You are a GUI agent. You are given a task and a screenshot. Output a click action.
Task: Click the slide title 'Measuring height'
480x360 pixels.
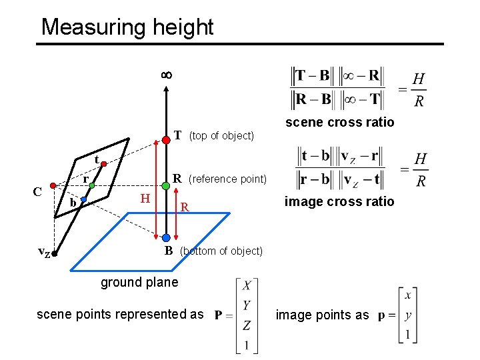[127, 27]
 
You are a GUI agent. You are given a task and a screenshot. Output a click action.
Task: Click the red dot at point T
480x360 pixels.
[165, 140]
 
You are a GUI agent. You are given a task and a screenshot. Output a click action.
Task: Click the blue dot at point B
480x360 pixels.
[165, 237]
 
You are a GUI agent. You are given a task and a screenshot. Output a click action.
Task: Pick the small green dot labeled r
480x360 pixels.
[93, 186]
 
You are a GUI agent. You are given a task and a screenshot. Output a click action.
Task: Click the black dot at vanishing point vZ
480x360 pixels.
[56, 254]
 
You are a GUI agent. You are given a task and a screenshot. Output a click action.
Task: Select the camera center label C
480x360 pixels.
[39, 191]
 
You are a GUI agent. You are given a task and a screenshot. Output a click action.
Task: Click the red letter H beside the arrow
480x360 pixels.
[144, 198]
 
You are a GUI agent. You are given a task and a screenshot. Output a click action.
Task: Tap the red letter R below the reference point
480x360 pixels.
[185, 208]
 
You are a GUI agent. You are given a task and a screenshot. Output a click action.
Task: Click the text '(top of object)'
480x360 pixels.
[221, 136]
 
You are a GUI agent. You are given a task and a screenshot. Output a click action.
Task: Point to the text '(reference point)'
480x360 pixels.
[227, 179]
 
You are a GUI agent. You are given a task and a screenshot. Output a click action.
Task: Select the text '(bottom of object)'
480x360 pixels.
[221, 251]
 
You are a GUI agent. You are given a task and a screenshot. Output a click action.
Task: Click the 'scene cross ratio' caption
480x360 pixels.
[339, 122]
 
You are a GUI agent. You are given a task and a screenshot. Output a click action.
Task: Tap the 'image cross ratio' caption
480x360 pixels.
[339, 201]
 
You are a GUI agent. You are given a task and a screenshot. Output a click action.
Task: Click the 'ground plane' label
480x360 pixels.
[139, 282]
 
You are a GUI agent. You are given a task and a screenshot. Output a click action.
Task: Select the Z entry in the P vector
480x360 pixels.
[247, 325]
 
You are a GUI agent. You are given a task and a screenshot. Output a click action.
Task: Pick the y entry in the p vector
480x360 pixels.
[408, 315]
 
